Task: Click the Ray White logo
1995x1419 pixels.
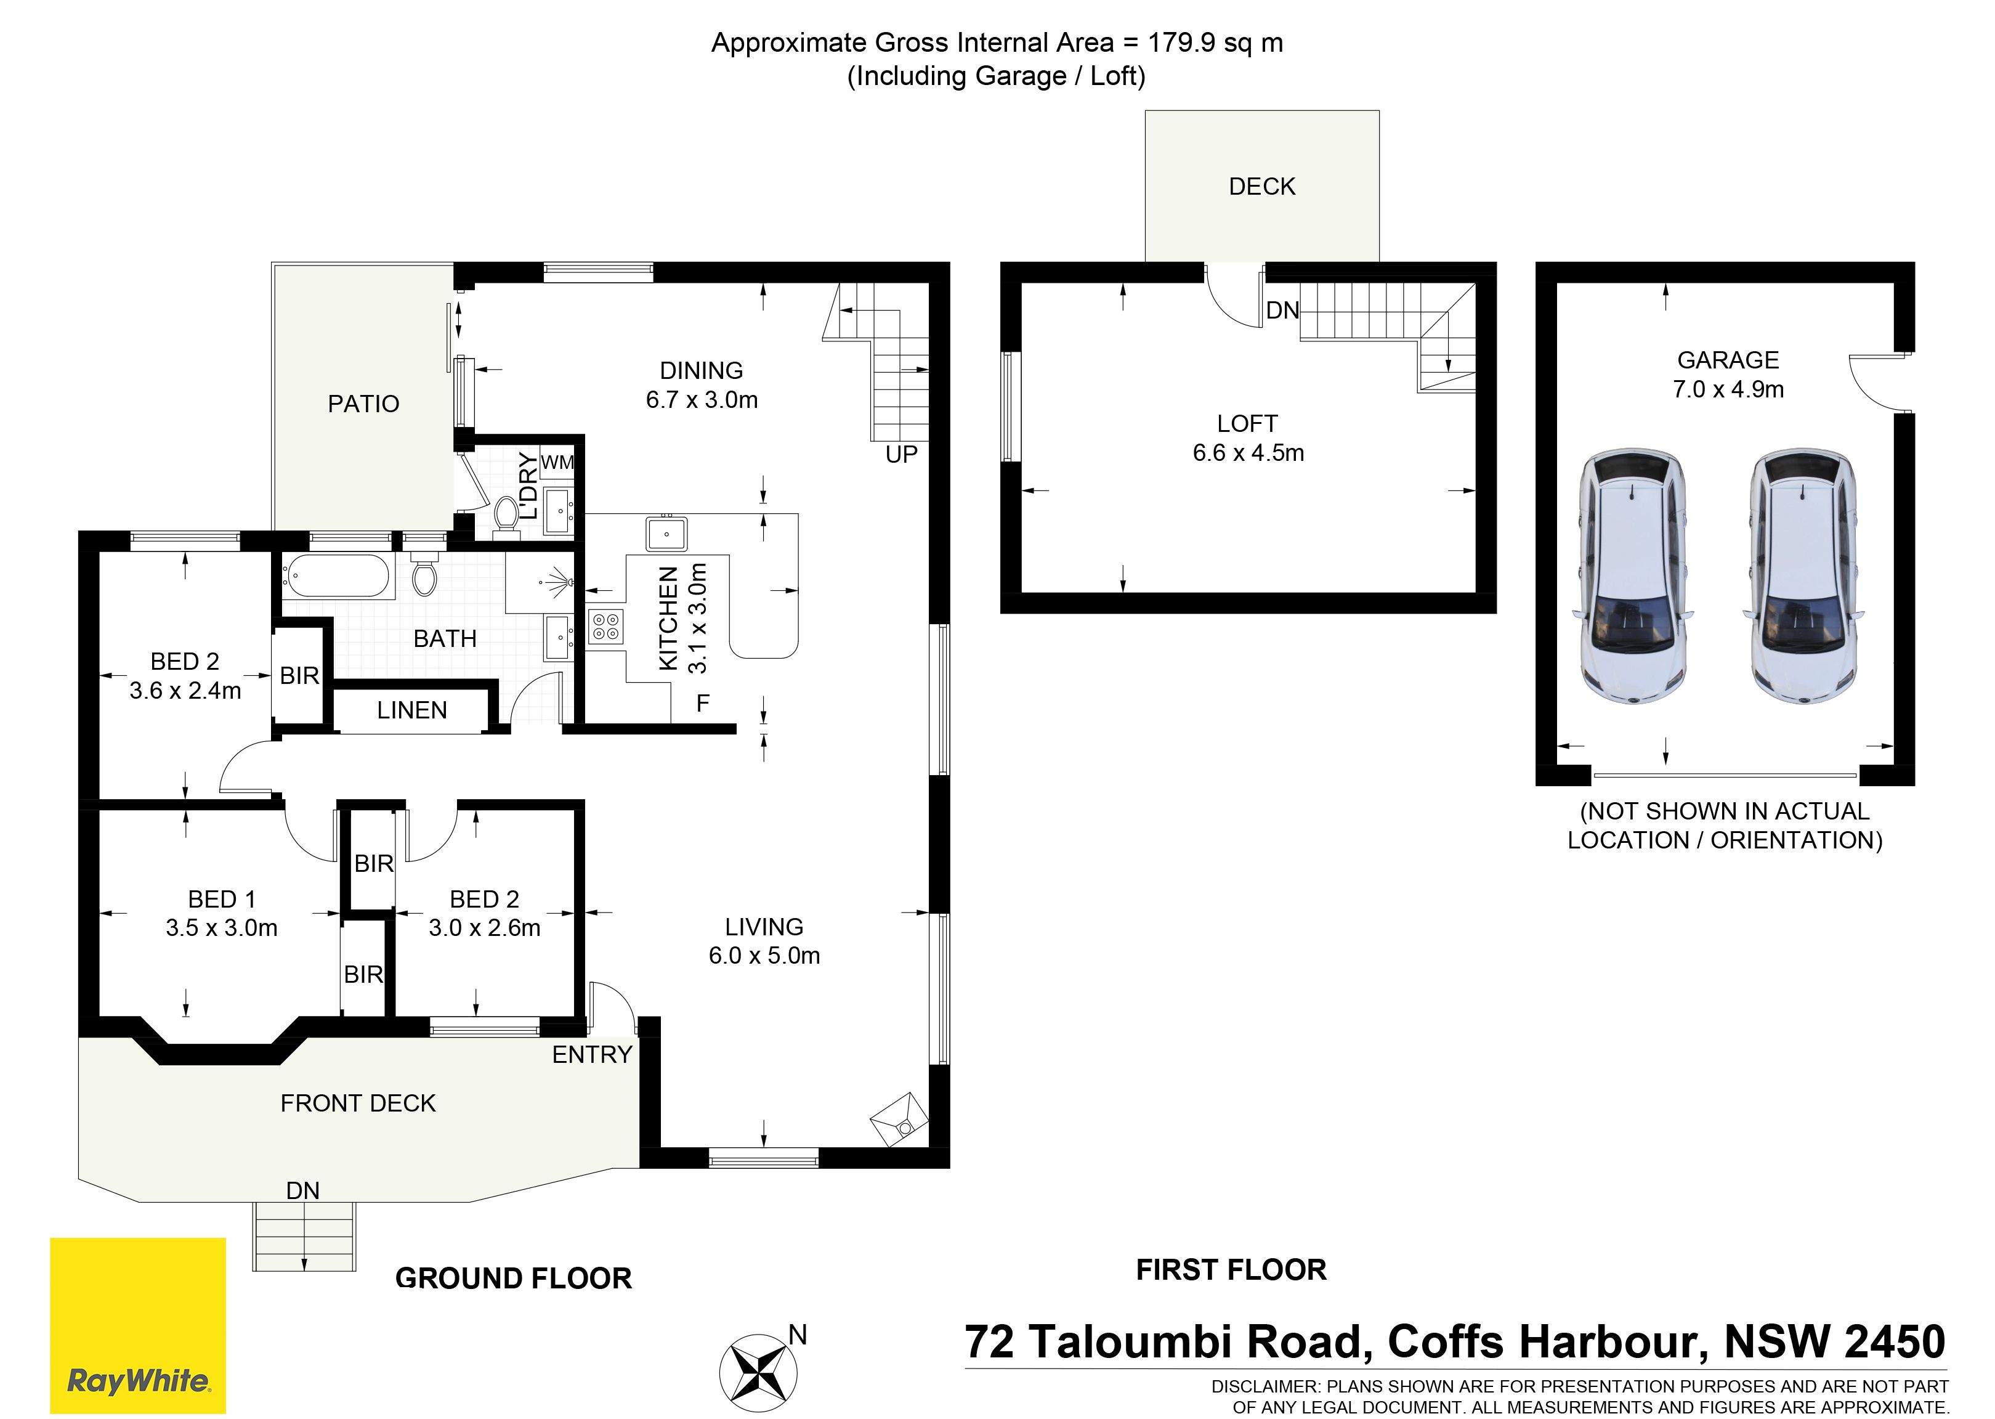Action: [x=138, y=1325]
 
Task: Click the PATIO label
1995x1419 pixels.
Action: [x=363, y=404]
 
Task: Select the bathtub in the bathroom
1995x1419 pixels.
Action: [x=336, y=577]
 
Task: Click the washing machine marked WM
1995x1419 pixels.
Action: [x=557, y=462]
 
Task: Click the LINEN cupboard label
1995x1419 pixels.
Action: [x=412, y=710]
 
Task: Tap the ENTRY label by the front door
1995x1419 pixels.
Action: [x=592, y=1055]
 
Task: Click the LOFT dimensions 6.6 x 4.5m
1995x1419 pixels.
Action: [x=1248, y=453]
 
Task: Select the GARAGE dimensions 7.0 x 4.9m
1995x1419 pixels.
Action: [x=1728, y=389]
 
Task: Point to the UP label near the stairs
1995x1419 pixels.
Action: [x=902, y=454]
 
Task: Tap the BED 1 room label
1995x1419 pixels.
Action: [x=222, y=899]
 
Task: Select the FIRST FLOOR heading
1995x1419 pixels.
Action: [x=1231, y=1270]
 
